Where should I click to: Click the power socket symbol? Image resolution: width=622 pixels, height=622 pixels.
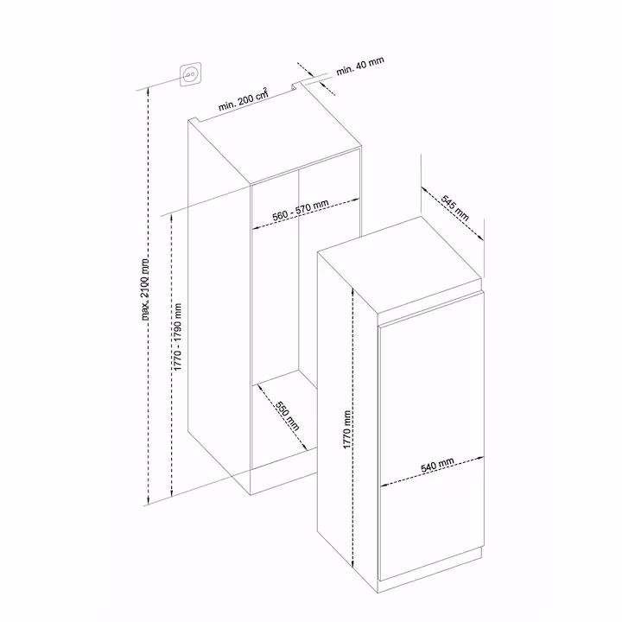click(x=190, y=74)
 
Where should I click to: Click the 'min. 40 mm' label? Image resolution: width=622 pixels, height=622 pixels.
click(x=360, y=66)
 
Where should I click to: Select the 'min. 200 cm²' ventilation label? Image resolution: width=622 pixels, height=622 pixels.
click(x=244, y=100)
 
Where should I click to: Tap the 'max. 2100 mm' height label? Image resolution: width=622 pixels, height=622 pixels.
click(x=146, y=289)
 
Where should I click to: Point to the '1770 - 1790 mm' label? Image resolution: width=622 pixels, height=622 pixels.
click(x=177, y=337)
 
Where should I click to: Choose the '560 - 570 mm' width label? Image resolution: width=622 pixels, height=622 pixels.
click(x=301, y=210)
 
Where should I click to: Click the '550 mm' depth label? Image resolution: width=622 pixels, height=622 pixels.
click(x=287, y=416)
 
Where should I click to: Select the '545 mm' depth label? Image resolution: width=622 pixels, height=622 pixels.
click(x=455, y=208)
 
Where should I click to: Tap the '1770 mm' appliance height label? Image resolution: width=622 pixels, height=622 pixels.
click(x=347, y=429)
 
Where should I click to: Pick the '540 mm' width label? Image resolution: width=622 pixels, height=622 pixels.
click(x=437, y=465)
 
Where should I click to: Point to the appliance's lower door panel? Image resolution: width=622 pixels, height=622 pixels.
click(x=432, y=524)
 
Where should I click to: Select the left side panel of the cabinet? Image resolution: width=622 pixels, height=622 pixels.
click(x=219, y=306)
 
